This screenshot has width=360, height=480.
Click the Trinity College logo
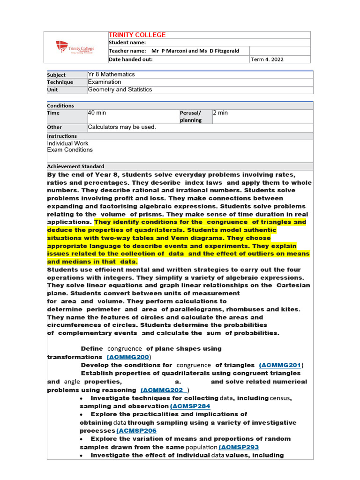point(75,47)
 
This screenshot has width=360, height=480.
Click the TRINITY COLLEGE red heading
point(137,35)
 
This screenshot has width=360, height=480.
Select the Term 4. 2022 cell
point(267,60)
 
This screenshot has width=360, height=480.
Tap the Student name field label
point(127,43)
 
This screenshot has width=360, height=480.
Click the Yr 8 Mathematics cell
point(111,75)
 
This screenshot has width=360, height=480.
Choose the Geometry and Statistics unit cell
point(120,90)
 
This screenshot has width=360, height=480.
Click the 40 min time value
point(97,113)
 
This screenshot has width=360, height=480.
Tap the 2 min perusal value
point(220,113)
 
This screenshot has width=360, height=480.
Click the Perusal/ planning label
point(190,116)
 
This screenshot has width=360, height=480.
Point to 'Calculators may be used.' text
point(122,127)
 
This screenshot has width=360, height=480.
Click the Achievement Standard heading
point(75,166)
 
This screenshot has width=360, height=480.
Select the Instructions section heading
point(62,136)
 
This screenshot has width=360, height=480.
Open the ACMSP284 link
point(190,406)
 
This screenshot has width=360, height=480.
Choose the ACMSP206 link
point(136,431)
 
